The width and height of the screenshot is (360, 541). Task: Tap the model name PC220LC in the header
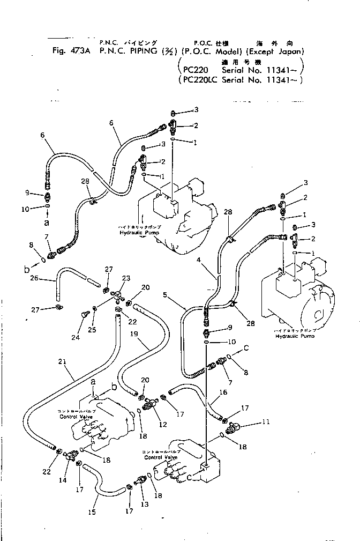200,80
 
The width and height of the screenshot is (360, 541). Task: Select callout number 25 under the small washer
92,329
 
